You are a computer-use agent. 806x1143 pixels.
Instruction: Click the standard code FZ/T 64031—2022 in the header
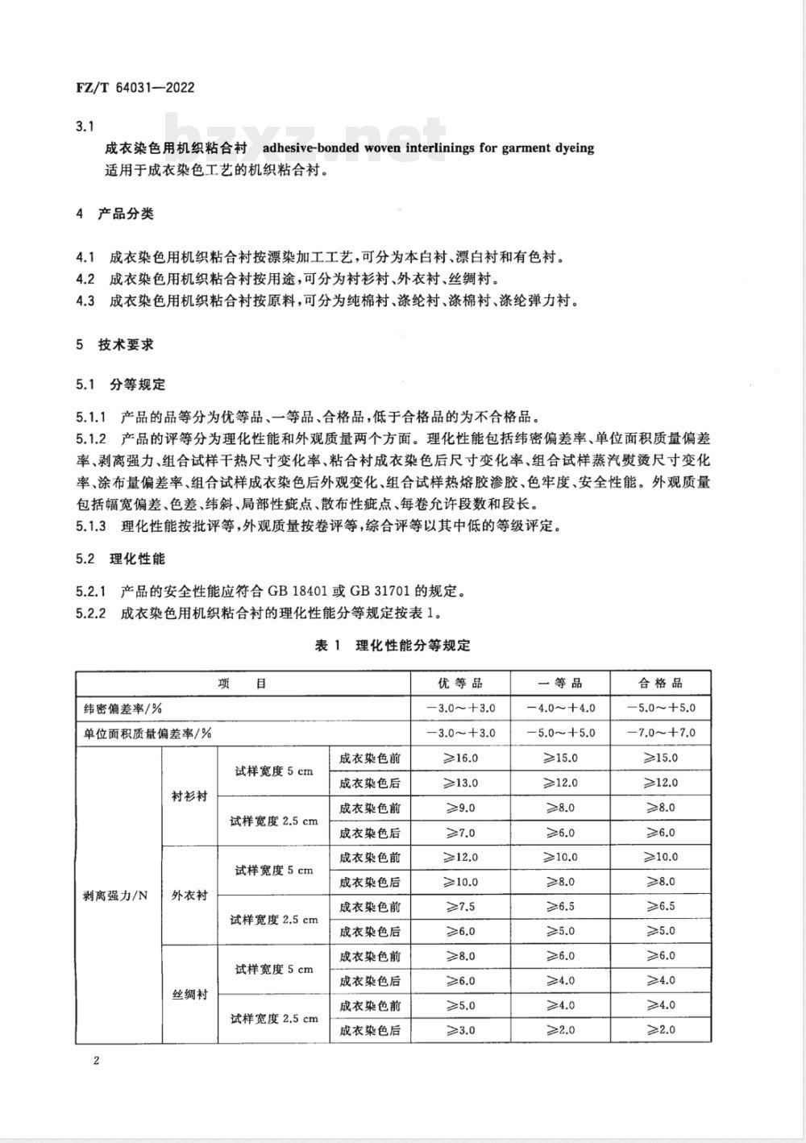135,88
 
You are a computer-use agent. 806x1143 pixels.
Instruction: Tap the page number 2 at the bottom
96,1060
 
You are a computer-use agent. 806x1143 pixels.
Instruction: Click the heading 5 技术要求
114,344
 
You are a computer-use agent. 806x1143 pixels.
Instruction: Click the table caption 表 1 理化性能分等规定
393,645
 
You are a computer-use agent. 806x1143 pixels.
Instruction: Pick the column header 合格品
661,683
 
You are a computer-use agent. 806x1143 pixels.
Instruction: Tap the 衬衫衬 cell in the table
189,796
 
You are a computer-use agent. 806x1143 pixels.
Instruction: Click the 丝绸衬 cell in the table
189,995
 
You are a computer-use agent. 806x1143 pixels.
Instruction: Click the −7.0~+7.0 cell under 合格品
661,733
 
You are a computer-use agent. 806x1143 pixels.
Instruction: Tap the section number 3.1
85,127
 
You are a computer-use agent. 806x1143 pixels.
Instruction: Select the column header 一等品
560,683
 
